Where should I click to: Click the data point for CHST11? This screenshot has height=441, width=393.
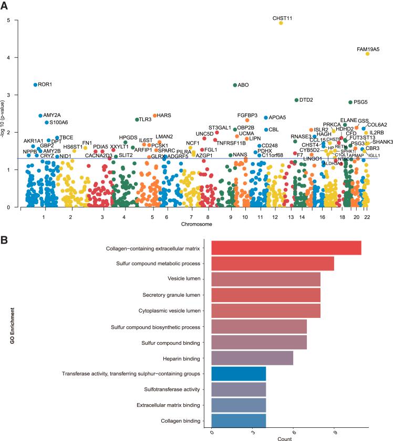(281, 23)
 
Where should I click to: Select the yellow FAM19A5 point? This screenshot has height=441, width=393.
(368, 54)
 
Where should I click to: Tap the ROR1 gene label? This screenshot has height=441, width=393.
(45, 84)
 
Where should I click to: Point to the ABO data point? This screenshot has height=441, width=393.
(235, 85)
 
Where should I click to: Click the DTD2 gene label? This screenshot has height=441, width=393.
(306, 100)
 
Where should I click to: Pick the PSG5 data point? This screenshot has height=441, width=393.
(350, 102)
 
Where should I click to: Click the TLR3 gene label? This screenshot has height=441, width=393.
(145, 119)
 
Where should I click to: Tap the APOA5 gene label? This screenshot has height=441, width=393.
(277, 117)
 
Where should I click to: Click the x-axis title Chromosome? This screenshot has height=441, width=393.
(197, 224)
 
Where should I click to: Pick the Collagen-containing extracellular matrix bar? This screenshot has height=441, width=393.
(286, 248)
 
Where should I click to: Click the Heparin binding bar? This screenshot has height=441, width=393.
(252, 358)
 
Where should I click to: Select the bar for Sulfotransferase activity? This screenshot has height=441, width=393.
(239, 389)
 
